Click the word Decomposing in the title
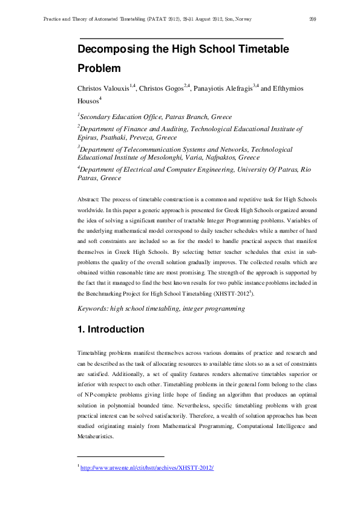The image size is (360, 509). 113,49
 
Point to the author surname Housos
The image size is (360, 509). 88,102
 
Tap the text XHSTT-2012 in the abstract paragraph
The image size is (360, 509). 232,293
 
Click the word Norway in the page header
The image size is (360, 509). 242,19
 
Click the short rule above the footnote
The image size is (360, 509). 121,456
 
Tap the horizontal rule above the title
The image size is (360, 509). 182,38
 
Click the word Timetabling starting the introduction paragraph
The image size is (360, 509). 94,352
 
